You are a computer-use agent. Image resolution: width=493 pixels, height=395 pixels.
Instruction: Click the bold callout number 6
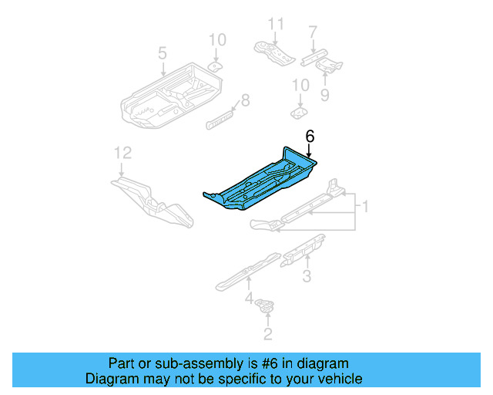(310, 137)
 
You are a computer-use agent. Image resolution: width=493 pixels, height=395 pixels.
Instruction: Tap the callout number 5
(162, 53)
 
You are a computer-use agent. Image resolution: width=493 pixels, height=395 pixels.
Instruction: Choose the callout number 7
(312, 32)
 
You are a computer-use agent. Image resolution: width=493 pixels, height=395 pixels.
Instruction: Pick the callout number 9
(324, 96)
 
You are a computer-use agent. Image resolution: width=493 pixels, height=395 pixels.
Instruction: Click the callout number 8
(246, 100)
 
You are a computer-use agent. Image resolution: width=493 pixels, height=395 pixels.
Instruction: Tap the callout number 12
(119, 152)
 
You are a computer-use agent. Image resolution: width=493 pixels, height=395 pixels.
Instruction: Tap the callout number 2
(267, 334)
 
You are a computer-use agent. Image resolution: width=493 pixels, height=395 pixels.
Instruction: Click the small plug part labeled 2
(267, 306)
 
